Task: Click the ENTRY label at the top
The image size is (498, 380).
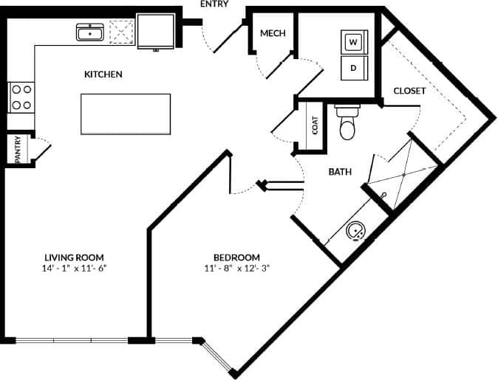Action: click(x=214, y=4)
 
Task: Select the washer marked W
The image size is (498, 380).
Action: click(x=353, y=42)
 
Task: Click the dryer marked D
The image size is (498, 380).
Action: click(x=353, y=67)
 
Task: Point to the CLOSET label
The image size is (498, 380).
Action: click(x=409, y=91)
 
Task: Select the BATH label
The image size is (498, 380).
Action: click(x=340, y=172)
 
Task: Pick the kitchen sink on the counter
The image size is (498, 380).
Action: click(x=91, y=32)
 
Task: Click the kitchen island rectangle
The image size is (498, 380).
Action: click(x=126, y=114)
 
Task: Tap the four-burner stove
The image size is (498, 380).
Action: click(x=21, y=96)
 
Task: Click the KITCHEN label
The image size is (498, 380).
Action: click(x=103, y=75)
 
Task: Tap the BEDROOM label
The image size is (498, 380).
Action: click(x=236, y=257)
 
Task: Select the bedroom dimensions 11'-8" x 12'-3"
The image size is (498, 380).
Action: click(x=236, y=269)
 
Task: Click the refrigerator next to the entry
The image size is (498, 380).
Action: click(x=155, y=30)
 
